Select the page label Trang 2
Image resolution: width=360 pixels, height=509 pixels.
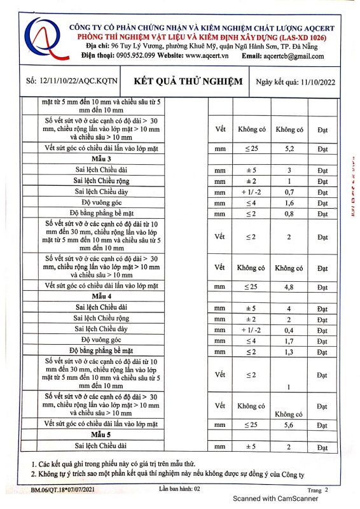[317, 490]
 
